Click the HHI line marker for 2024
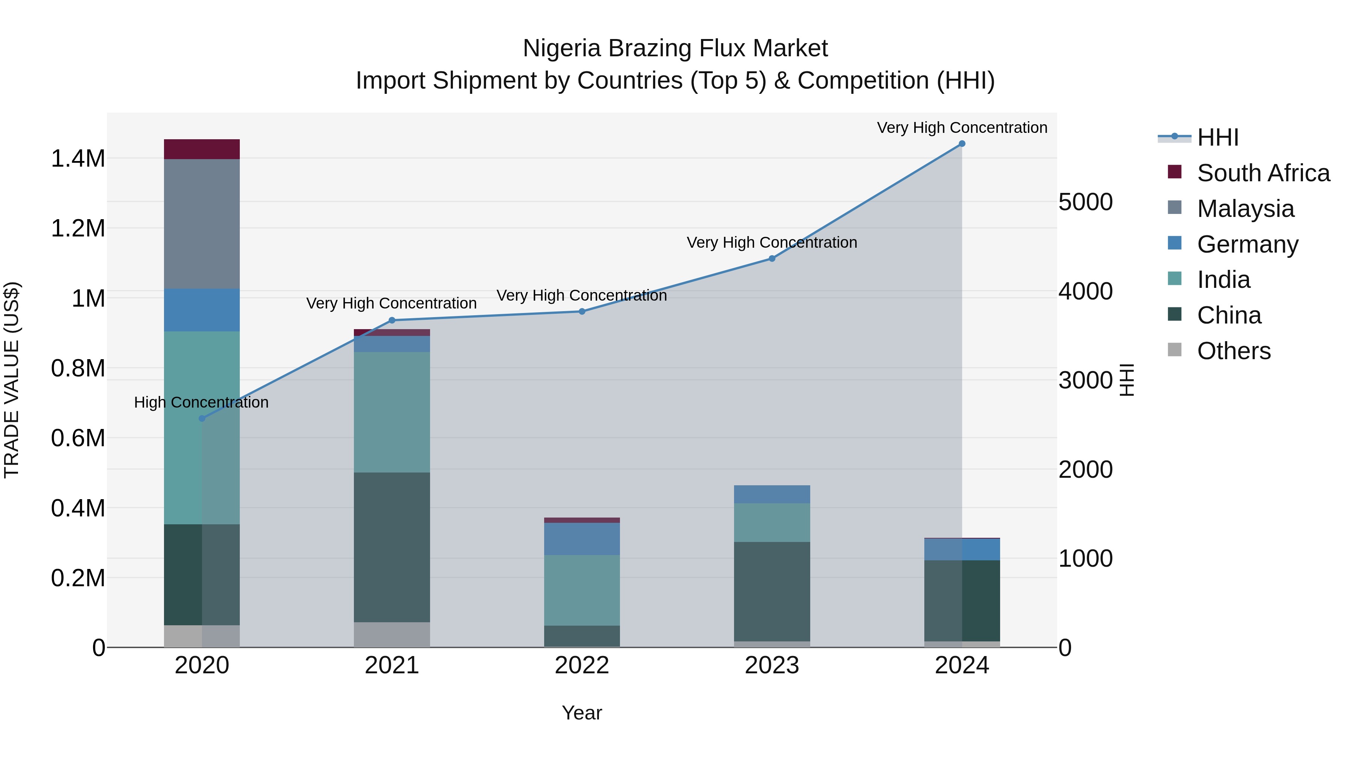(x=961, y=144)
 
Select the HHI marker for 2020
(x=202, y=418)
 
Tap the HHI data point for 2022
(x=582, y=312)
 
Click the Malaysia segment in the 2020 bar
(x=202, y=224)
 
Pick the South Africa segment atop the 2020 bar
(x=202, y=149)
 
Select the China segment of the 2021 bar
(x=392, y=547)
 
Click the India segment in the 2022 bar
(x=582, y=590)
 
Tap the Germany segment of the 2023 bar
(x=772, y=494)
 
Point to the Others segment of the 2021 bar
(x=392, y=635)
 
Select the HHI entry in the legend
(x=1217, y=137)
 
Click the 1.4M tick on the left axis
(x=78, y=158)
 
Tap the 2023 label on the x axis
(x=772, y=665)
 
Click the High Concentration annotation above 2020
(x=202, y=402)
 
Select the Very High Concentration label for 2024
(x=962, y=128)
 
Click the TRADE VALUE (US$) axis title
(x=12, y=380)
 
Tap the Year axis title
(x=582, y=713)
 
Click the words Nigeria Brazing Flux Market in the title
(x=675, y=48)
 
